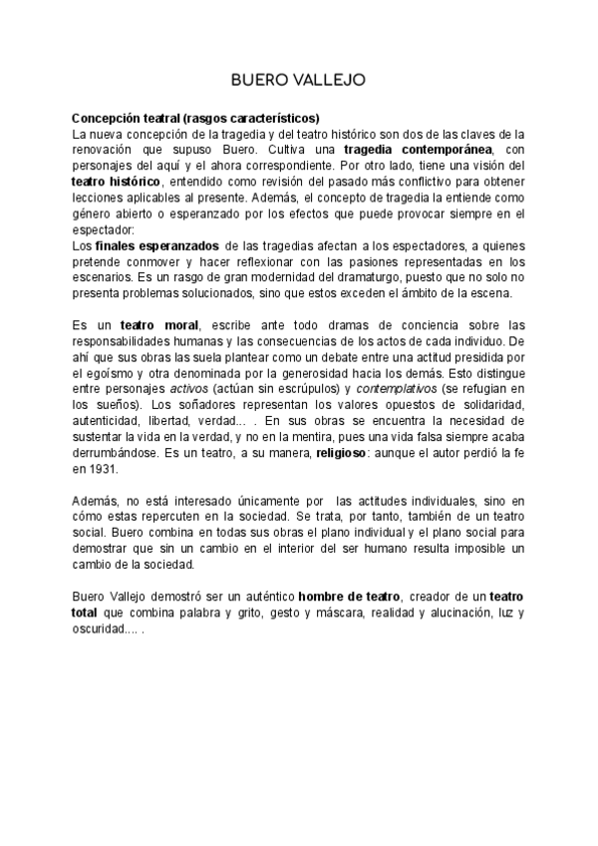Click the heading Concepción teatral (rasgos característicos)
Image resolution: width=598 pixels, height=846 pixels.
195,118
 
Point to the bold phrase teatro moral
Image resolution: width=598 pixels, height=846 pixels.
160,325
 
